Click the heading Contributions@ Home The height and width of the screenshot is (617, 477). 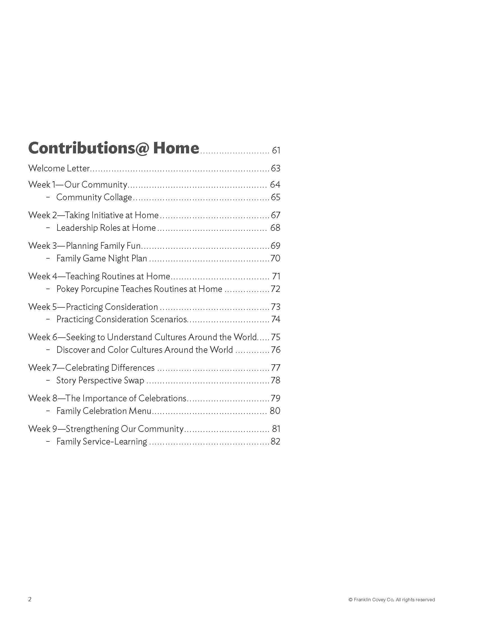[x=114, y=148]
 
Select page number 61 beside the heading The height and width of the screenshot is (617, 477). [x=276, y=150]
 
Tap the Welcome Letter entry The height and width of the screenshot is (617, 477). [x=59, y=168]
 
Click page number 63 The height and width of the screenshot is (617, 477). [x=276, y=168]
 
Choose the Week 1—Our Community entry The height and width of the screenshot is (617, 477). [x=78, y=185]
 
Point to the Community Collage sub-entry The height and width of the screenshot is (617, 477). [x=94, y=197]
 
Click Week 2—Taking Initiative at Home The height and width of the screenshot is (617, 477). [x=93, y=215]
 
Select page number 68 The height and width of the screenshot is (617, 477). [x=275, y=228]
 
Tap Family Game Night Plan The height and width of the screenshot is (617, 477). [x=102, y=258]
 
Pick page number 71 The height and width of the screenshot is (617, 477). [x=276, y=276]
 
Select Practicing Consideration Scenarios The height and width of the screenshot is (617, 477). [x=122, y=319]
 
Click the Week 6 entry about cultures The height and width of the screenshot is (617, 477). [x=143, y=337]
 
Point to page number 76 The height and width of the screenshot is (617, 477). [x=276, y=350]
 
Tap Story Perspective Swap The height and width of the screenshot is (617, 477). [x=100, y=380]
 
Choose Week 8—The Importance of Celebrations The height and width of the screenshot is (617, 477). [x=107, y=398]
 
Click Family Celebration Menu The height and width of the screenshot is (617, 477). [x=104, y=411]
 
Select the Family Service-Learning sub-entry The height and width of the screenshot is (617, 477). [x=102, y=441]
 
